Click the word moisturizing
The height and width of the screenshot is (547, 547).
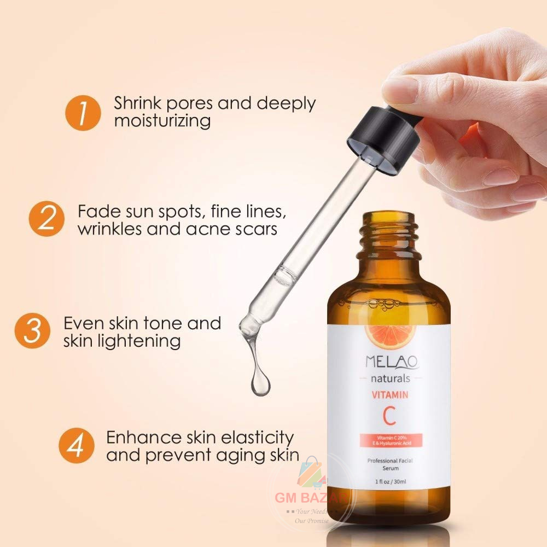pyautogui.click(x=162, y=121)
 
